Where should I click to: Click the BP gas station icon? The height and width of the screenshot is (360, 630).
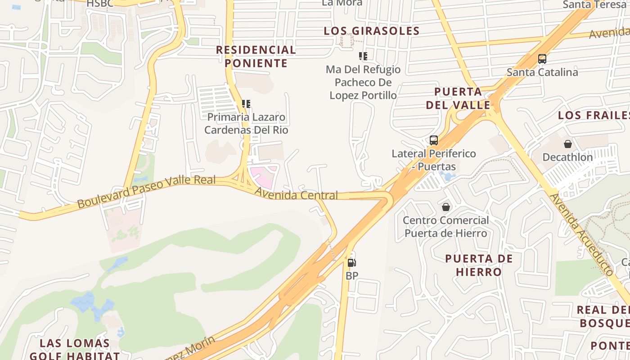(x=352, y=262)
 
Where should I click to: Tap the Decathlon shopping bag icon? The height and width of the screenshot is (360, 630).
(x=568, y=144)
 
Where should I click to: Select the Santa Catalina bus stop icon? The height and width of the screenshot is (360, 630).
(x=542, y=59)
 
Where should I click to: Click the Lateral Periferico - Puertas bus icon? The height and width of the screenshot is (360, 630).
(x=434, y=140)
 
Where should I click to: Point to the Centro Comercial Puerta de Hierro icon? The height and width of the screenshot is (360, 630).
(x=445, y=207)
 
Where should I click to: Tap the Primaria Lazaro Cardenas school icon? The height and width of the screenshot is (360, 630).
(x=246, y=104)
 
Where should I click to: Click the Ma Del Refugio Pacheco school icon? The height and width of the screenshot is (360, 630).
(x=363, y=56)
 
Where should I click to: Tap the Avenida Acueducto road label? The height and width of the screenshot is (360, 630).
(x=581, y=235)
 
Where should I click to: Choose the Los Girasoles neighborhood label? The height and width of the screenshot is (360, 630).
(x=372, y=31)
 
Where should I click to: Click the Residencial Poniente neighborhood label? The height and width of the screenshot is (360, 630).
(x=256, y=56)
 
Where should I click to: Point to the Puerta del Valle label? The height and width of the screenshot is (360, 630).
(x=458, y=99)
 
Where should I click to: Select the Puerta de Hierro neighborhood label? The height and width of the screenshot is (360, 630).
(x=479, y=265)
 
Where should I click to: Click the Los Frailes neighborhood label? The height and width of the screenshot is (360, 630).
(x=593, y=115)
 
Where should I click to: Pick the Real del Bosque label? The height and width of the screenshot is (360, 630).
(x=603, y=316)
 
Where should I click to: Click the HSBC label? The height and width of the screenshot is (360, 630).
(x=100, y=4)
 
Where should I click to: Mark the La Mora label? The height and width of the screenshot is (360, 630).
(x=342, y=3)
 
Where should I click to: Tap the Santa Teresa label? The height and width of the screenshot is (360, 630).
(x=594, y=4)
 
